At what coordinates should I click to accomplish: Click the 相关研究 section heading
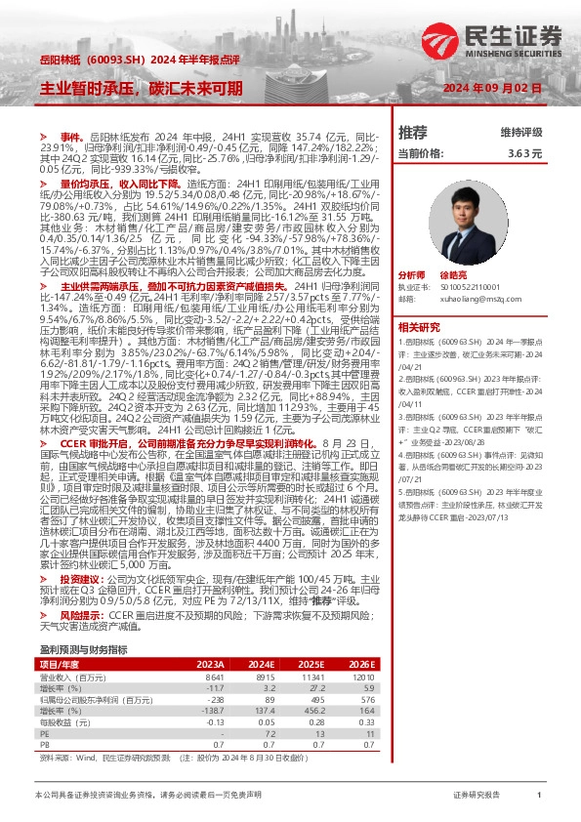(421, 327)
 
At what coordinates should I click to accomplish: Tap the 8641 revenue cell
(213, 649)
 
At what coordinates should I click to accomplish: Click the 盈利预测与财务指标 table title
(83, 621)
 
